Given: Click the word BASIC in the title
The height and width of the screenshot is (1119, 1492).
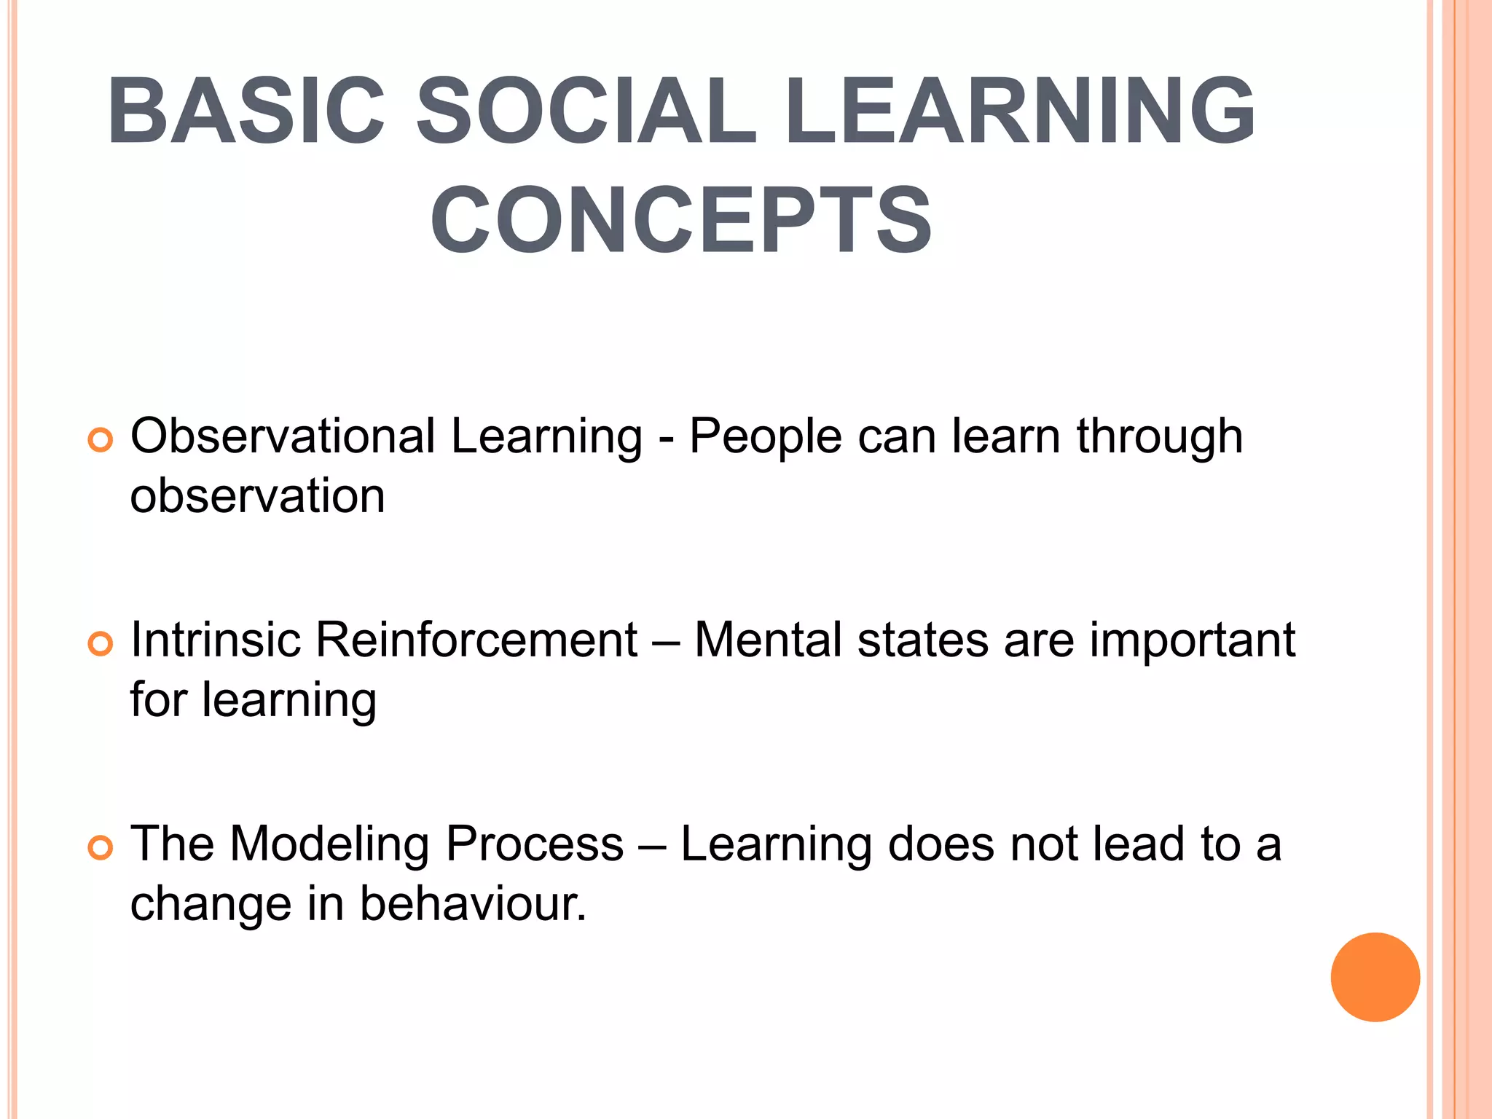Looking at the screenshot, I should pos(246,111).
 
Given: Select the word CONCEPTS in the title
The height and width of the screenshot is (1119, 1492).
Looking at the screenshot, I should pos(681,221).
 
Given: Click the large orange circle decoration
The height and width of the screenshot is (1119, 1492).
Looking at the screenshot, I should pos(1375,977).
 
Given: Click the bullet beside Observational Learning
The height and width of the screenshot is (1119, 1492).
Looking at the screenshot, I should pos(101,440).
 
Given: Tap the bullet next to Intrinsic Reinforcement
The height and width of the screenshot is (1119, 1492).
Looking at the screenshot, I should pos(101,644).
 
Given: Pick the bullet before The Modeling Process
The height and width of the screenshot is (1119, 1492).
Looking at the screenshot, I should pos(101,848).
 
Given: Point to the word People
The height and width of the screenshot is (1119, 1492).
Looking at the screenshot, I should pos(765,436).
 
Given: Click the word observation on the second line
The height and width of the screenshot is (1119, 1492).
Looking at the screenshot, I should pos(257,496).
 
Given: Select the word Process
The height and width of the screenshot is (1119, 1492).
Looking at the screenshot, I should pos(535,844).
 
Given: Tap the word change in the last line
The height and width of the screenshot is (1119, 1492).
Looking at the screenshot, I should pos(211,906).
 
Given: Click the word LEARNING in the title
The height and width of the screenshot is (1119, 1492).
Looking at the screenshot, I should pos(1020,111).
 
